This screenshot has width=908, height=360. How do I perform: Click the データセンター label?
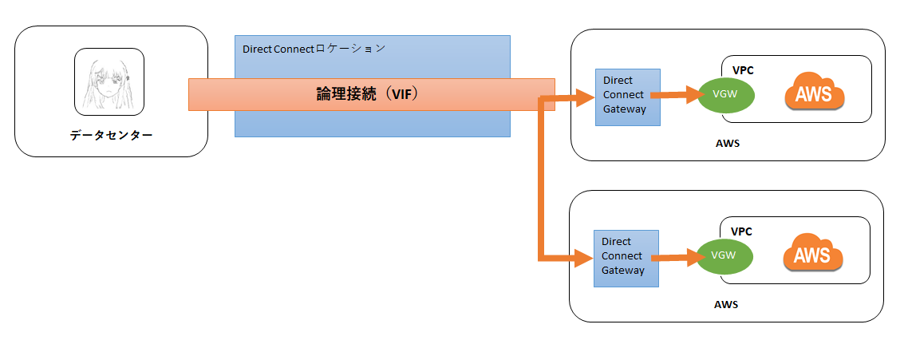click(x=110, y=136)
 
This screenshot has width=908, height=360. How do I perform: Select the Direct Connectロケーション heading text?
click(x=314, y=49)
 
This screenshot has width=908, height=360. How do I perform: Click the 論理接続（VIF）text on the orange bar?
click(x=368, y=94)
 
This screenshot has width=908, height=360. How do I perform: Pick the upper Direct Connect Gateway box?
click(x=628, y=97)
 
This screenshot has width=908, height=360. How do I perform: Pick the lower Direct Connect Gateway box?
click(x=626, y=258)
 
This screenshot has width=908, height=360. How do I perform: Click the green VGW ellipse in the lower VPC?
click(x=725, y=255)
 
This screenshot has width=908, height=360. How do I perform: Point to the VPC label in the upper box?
click(x=742, y=70)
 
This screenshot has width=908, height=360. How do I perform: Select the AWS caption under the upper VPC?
click(x=727, y=144)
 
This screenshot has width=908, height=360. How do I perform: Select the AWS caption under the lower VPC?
click(x=726, y=304)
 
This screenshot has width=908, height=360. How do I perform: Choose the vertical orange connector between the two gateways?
click(x=543, y=180)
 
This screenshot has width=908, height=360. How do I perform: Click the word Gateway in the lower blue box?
click(x=622, y=271)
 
